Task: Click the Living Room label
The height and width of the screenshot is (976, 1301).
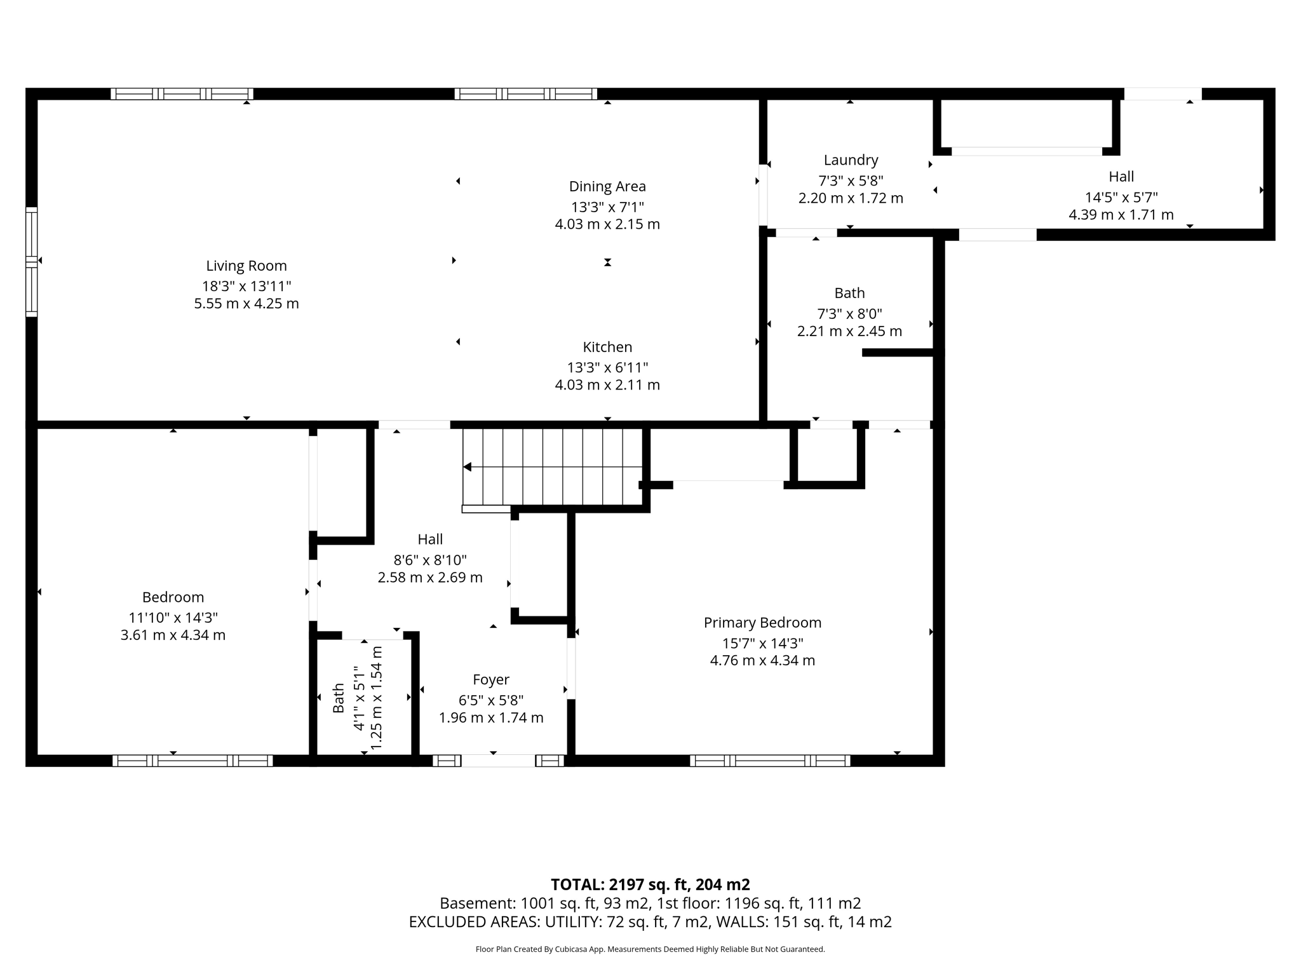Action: coord(246,266)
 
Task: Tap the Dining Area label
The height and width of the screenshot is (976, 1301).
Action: coord(607,186)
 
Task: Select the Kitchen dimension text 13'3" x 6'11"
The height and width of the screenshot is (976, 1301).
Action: coord(607,367)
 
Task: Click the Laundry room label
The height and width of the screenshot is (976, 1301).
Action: coord(851,160)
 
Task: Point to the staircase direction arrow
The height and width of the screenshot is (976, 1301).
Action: coord(468,467)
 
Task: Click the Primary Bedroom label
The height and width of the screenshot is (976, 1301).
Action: coord(762,623)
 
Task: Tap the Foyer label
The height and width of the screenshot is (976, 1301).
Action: coord(490,680)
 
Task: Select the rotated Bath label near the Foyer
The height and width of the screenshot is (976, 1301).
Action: coord(339,698)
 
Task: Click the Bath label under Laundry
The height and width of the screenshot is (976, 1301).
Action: coord(849,293)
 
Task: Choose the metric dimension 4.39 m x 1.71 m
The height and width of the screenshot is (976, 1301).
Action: coord(1121,215)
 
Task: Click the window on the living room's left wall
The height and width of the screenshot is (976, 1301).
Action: coord(31,261)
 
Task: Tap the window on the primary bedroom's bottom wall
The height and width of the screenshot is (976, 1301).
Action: coord(769,761)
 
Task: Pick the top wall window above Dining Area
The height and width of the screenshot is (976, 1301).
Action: coord(525,94)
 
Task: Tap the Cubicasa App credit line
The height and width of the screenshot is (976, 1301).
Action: coord(649,949)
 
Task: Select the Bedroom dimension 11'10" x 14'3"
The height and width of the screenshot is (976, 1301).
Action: coord(173,618)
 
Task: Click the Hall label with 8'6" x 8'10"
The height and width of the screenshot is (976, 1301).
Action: coord(430,539)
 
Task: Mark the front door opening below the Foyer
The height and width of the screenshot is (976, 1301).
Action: coord(497,761)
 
